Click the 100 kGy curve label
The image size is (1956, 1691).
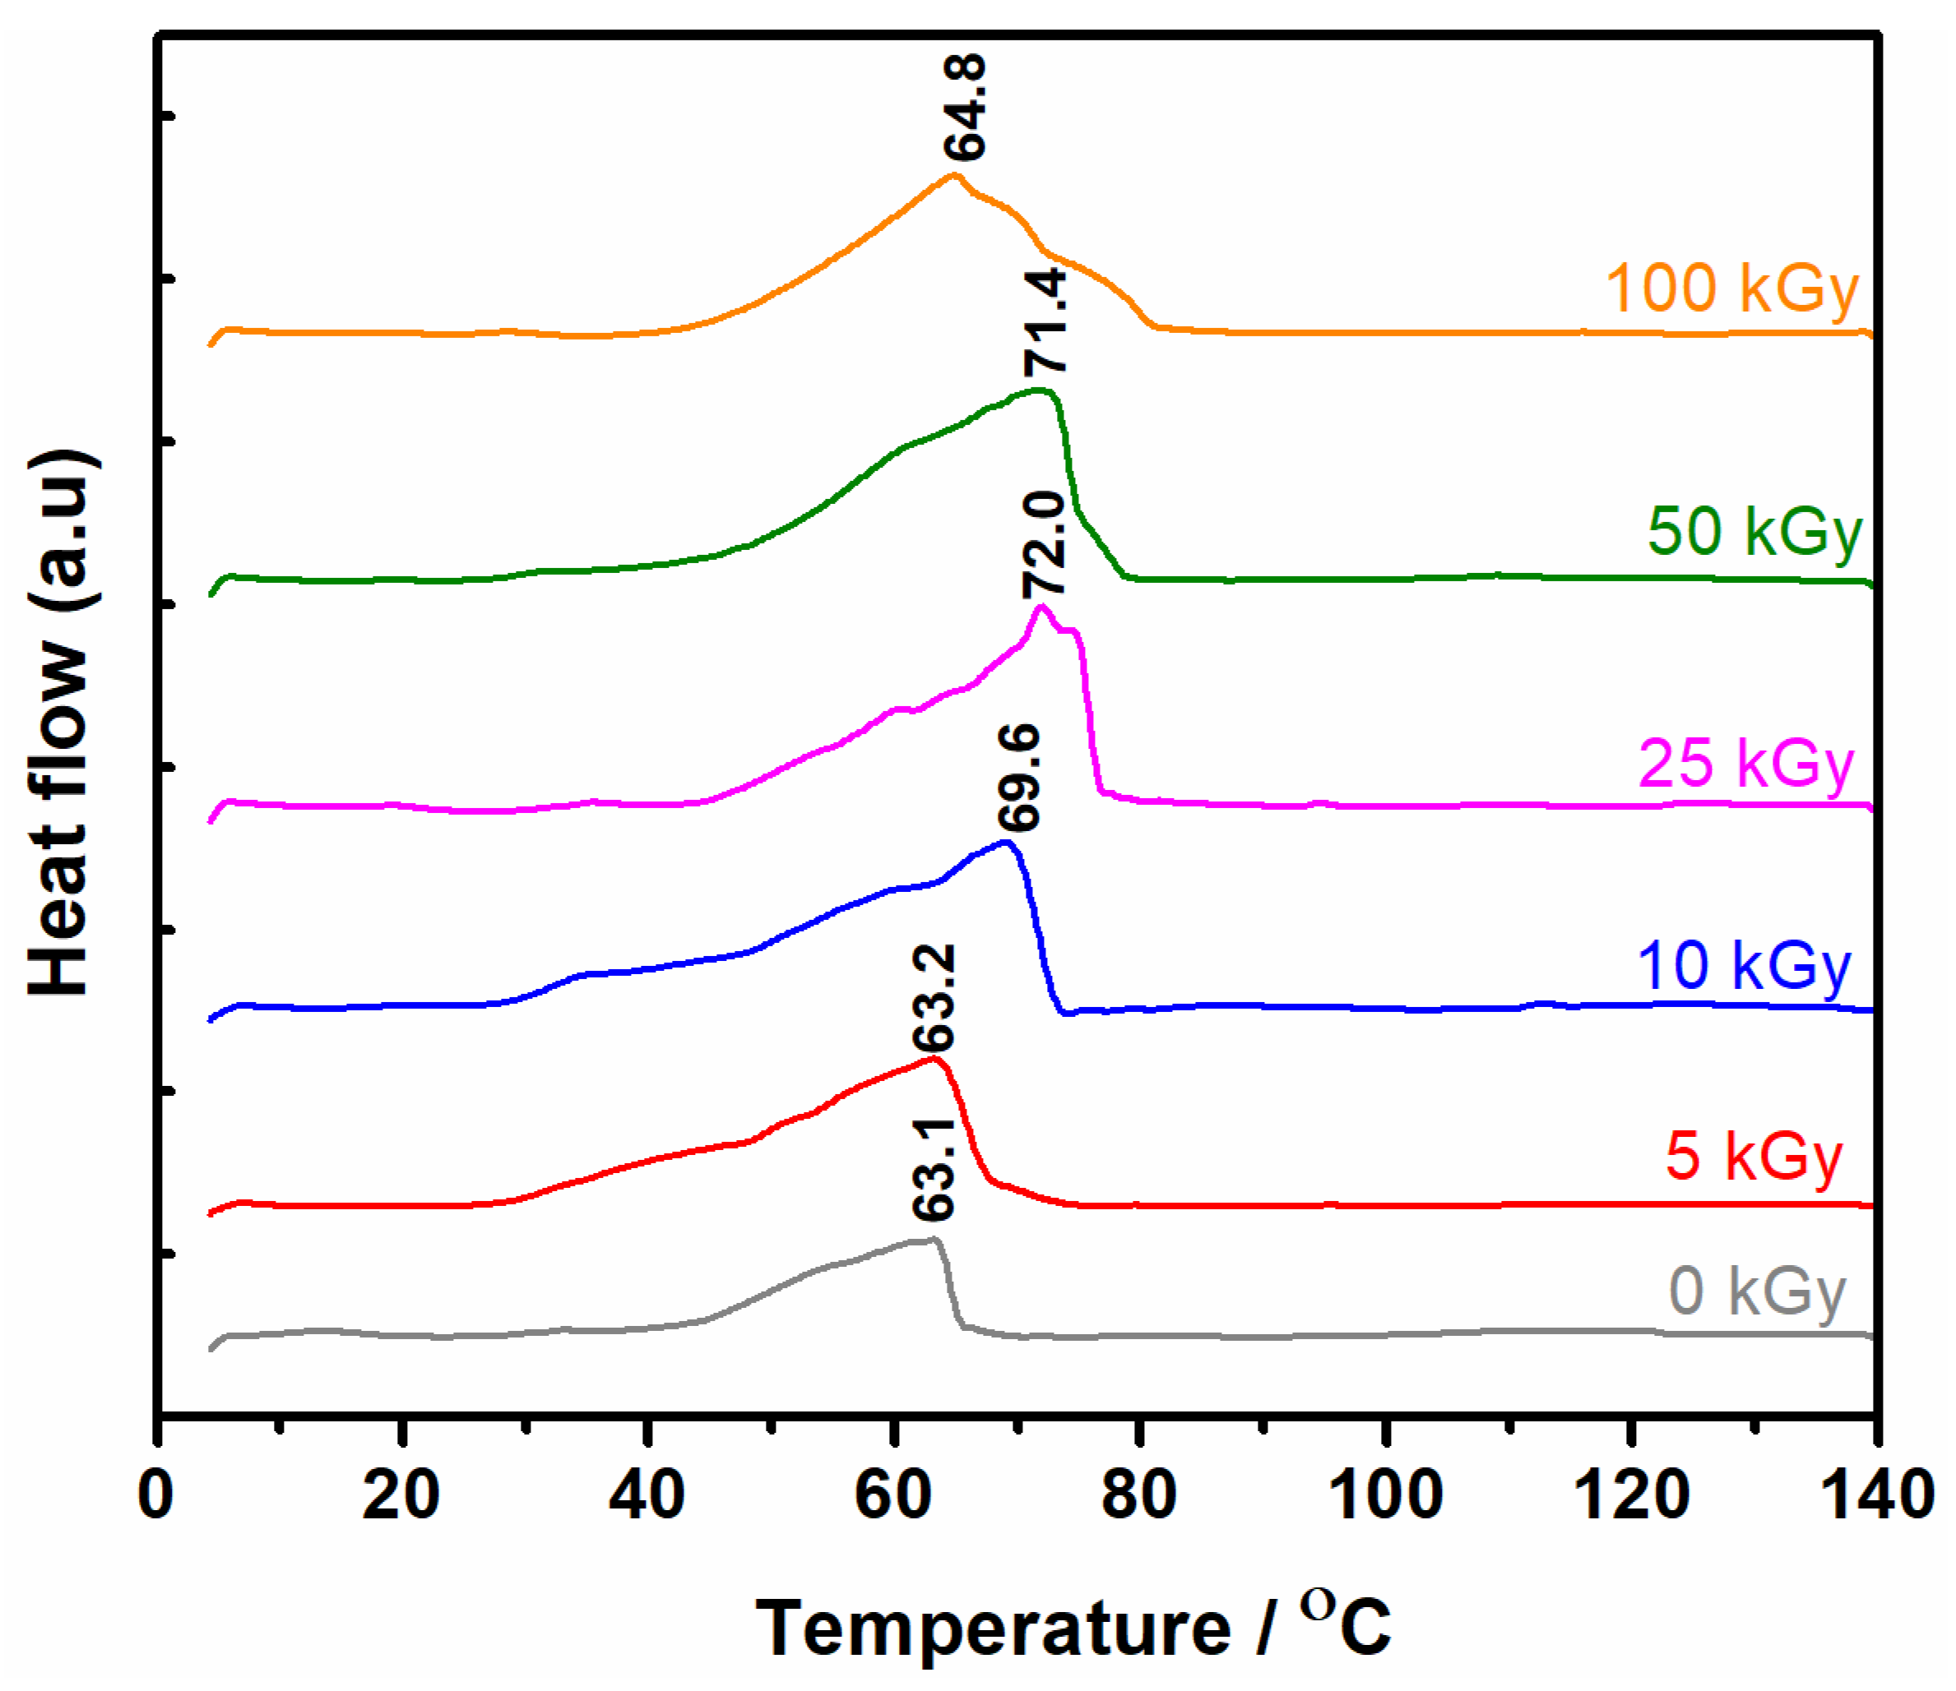click(x=1731, y=289)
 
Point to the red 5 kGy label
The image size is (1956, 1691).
click(x=1753, y=1156)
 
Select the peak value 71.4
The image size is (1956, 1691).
click(x=1046, y=321)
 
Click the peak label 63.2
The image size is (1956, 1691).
click(x=934, y=997)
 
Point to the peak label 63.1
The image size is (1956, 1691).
click(x=934, y=1168)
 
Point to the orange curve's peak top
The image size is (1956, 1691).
click(x=953, y=176)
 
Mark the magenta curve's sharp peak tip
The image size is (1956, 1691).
click(x=1041, y=607)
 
